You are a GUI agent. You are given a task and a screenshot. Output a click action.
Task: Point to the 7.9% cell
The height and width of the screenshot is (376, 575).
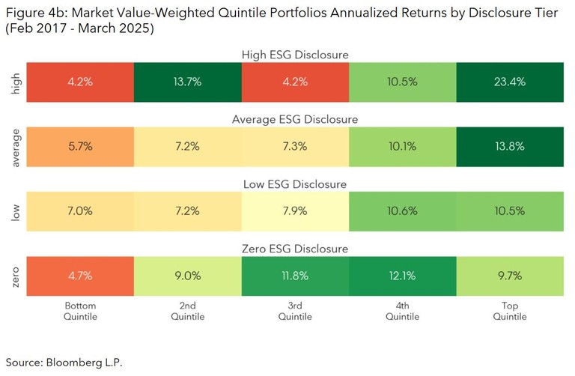[295, 211]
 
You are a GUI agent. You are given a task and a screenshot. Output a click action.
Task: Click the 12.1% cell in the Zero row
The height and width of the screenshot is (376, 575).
[403, 276]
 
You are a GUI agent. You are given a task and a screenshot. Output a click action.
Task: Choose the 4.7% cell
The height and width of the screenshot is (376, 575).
[80, 276]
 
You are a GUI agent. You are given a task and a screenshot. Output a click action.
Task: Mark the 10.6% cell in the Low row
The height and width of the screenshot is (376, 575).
[403, 211]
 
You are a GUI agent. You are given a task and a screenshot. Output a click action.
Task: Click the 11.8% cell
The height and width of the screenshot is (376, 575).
[295, 276]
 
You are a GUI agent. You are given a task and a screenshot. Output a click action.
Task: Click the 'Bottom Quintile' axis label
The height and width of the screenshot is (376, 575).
[80, 312]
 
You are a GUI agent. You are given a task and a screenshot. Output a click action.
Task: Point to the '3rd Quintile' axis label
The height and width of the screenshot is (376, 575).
[295, 312]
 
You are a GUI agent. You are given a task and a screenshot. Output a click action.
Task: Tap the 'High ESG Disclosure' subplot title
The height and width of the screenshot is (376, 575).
[295, 55]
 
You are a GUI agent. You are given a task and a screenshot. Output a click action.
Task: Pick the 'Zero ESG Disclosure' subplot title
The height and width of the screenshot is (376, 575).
[295, 249]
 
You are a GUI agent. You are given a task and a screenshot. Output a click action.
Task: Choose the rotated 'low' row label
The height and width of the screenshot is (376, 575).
[15, 211]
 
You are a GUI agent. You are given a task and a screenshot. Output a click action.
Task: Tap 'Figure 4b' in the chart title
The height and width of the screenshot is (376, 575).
[33, 10]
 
